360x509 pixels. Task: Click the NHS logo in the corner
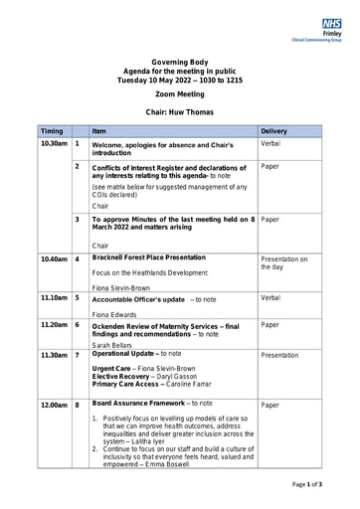click(331, 23)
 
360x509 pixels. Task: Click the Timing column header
click(52, 131)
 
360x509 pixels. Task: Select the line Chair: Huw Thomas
click(179, 112)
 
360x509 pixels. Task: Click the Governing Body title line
click(179, 61)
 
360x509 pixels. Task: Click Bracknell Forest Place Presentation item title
click(149, 257)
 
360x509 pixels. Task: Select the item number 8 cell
click(78, 405)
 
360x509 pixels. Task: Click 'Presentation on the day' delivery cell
click(284, 263)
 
